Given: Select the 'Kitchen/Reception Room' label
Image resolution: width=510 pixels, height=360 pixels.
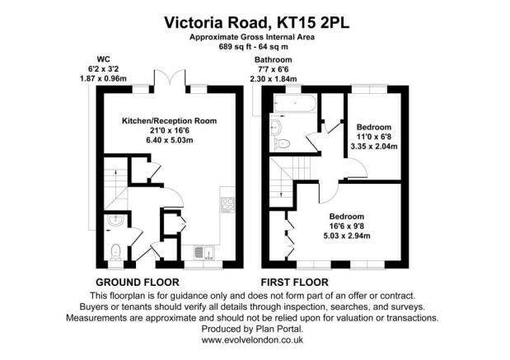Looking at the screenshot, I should [x=169, y=121].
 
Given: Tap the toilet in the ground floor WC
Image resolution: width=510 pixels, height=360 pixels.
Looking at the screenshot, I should [x=116, y=250].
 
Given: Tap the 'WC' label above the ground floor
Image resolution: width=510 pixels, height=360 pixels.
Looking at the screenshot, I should [x=104, y=59].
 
